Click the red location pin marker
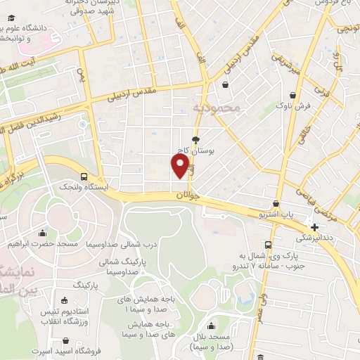click(181, 166)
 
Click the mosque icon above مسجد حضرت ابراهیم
click(43, 233)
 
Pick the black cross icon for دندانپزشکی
click(314, 227)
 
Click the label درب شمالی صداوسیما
click(108, 245)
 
